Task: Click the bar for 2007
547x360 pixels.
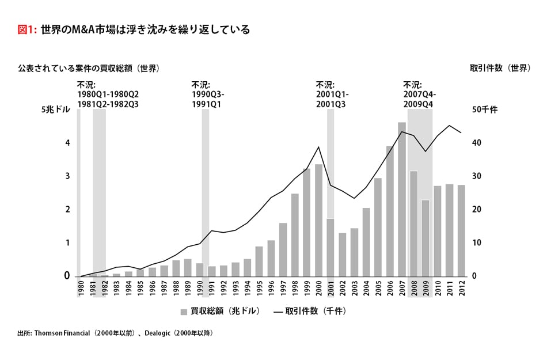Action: click(x=402, y=199)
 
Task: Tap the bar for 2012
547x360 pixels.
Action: click(x=462, y=230)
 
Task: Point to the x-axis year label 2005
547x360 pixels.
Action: click(x=378, y=287)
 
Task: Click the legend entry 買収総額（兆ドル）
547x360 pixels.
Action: click(x=220, y=312)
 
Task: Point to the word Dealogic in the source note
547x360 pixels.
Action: click(x=157, y=333)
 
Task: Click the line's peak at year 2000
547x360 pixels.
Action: click(x=318, y=147)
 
